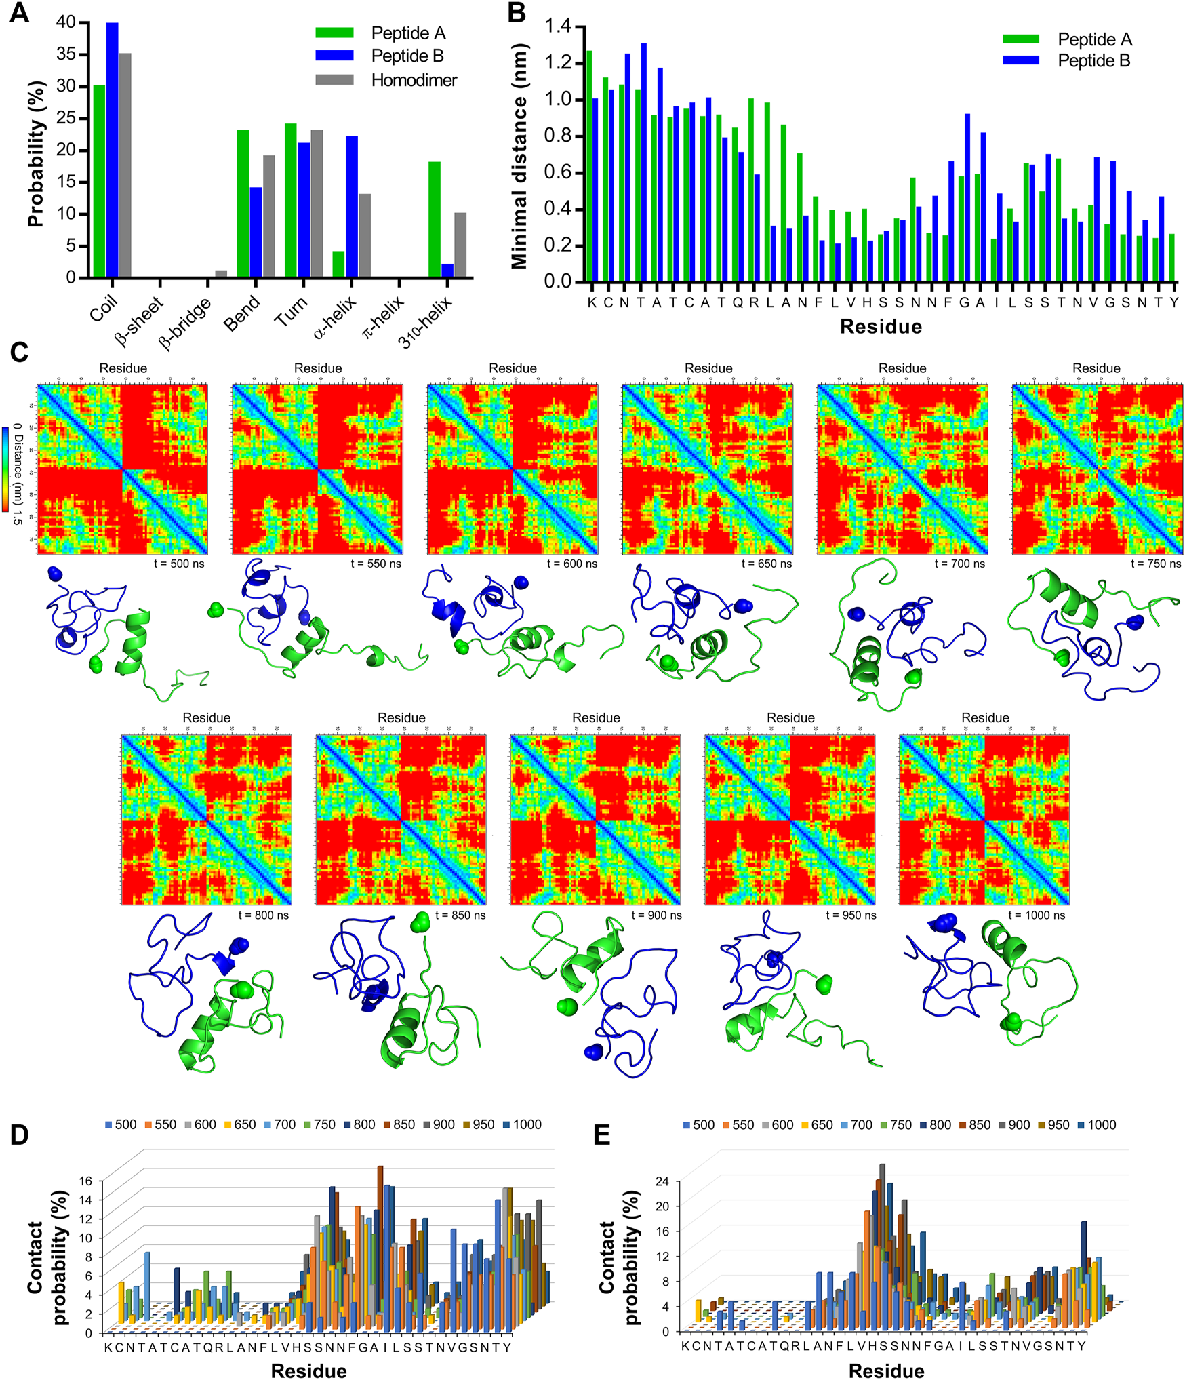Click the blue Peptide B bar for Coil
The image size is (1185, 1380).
(x=112, y=150)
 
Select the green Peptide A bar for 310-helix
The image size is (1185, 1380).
(x=434, y=220)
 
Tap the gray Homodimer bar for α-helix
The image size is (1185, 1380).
(x=365, y=235)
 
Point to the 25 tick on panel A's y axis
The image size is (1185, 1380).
(x=66, y=118)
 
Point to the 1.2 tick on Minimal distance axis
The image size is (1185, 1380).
(x=558, y=64)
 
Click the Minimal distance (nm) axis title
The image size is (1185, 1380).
(x=519, y=157)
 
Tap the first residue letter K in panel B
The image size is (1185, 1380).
(x=592, y=302)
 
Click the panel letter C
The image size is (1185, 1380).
(x=19, y=353)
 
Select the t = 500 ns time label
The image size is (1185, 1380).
(x=179, y=564)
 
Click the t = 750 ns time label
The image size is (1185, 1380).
(x=1155, y=564)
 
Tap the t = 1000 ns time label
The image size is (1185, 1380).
(x=1036, y=915)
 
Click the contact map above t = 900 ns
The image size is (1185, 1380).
(x=595, y=819)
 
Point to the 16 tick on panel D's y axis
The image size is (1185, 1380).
(x=85, y=1181)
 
